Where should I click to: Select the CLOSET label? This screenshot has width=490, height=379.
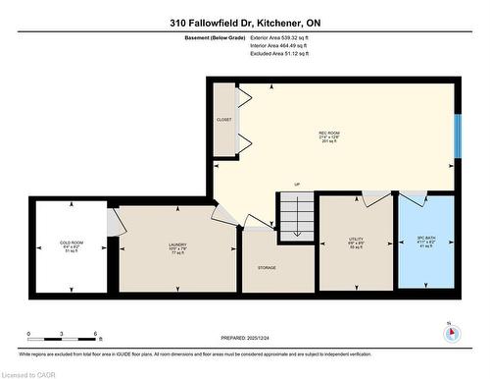pyautogui.click(x=223, y=120)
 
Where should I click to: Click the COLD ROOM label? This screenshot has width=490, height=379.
pyautogui.click(x=70, y=244)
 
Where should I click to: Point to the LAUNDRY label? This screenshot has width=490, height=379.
pyautogui.click(x=176, y=245)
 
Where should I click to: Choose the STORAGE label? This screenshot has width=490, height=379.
pyautogui.click(x=267, y=267)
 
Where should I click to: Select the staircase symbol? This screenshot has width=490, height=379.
pyautogui.click(x=296, y=213)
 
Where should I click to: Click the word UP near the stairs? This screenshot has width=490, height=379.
pyautogui.click(x=296, y=185)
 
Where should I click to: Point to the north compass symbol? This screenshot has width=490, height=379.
pyautogui.click(x=450, y=332)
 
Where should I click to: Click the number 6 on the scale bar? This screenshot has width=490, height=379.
pyautogui.click(x=94, y=335)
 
